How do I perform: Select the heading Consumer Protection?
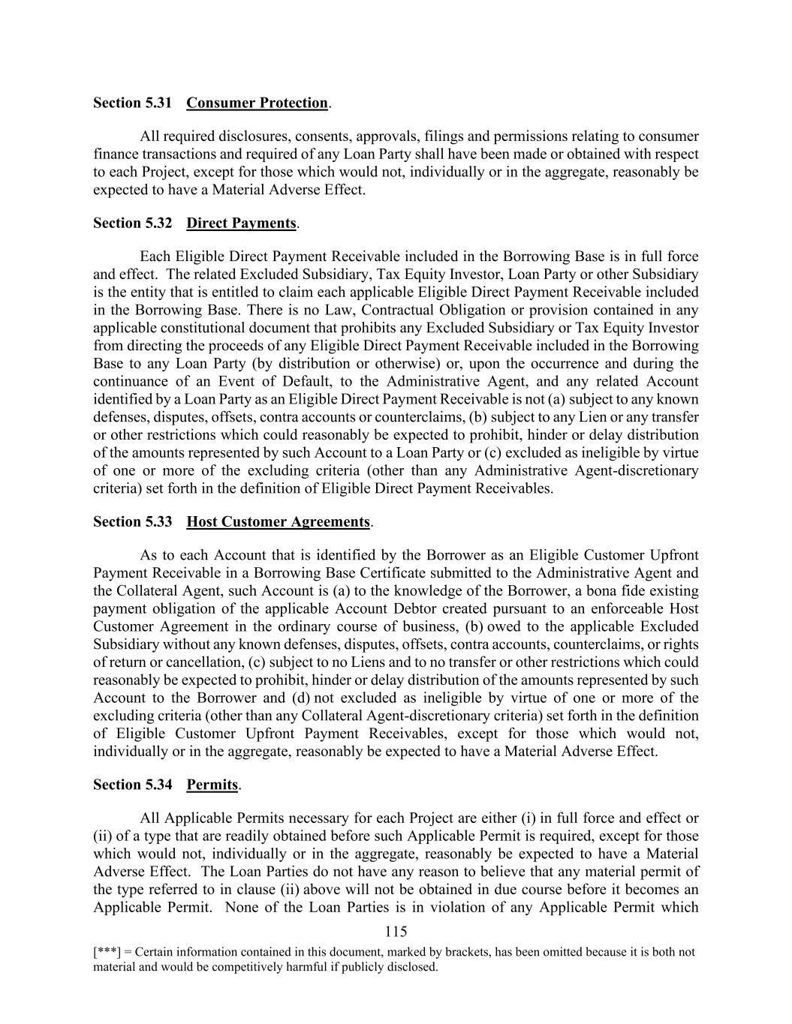click(257, 103)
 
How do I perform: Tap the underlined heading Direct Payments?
click(241, 223)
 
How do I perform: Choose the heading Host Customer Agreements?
click(278, 521)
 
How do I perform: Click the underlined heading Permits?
click(212, 785)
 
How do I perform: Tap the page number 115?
click(396, 932)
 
